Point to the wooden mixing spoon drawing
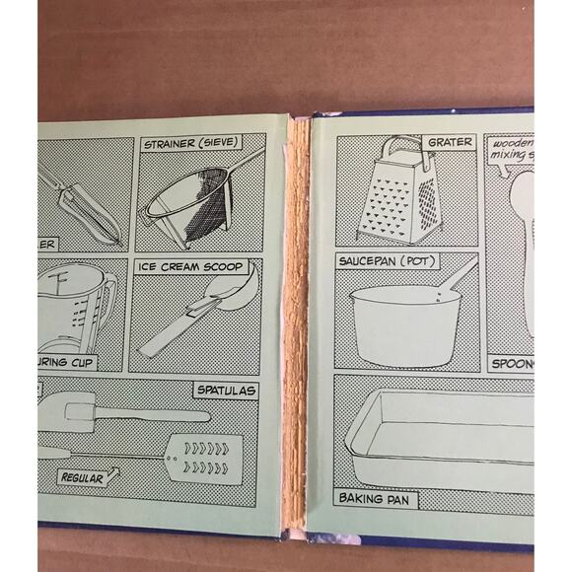click(523, 247)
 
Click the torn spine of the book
click(295, 325)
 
